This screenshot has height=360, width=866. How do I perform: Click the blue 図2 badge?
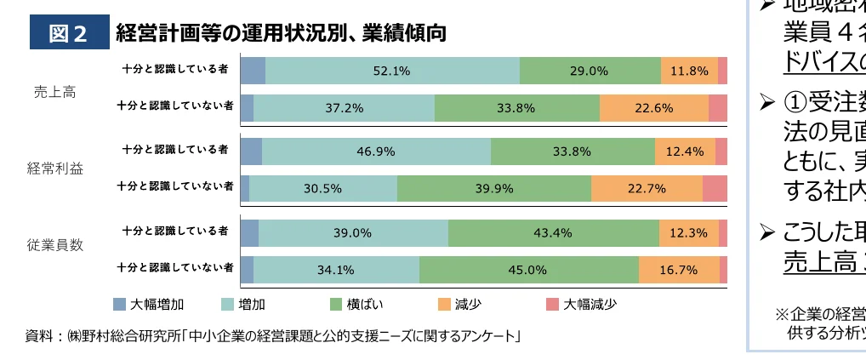pyautogui.click(x=69, y=34)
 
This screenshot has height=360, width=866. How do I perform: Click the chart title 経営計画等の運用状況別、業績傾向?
pyautogui.click(x=281, y=34)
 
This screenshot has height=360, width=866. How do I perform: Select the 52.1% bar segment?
pyautogui.click(x=392, y=71)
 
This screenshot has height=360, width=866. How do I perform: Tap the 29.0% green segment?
pyautogui.click(x=590, y=71)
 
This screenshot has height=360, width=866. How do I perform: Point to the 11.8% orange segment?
pyautogui.click(x=689, y=71)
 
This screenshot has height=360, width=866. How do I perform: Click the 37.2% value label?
pyautogui.click(x=345, y=108)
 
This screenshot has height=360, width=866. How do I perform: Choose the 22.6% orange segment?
pyautogui.click(x=654, y=108)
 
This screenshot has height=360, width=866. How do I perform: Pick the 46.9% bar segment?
pyautogui.click(x=376, y=151)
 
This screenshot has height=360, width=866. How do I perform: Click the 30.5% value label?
pyautogui.click(x=323, y=189)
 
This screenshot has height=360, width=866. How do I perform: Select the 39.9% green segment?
pyautogui.click(x=493, y=189)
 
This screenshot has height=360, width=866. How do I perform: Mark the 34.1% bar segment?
pyautogui.click(x=336, y=270)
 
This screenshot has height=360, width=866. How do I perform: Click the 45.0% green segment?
pyautogui.click(x=528, y=270)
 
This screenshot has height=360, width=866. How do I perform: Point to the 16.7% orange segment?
pyautogui.click(x=679, y=270)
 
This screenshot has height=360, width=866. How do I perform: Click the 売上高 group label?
pyautogui.click(x=54, y=92)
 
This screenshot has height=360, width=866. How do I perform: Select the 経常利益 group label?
pyautogui.click(x=54, y=169)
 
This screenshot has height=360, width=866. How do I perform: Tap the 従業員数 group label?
pyautogui.click(x=54, y=245)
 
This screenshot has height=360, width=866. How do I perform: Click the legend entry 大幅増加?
pyautogui.click(x=150, y=305)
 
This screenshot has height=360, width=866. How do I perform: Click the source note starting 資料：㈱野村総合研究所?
pyautogui.click(x=273, y=336)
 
